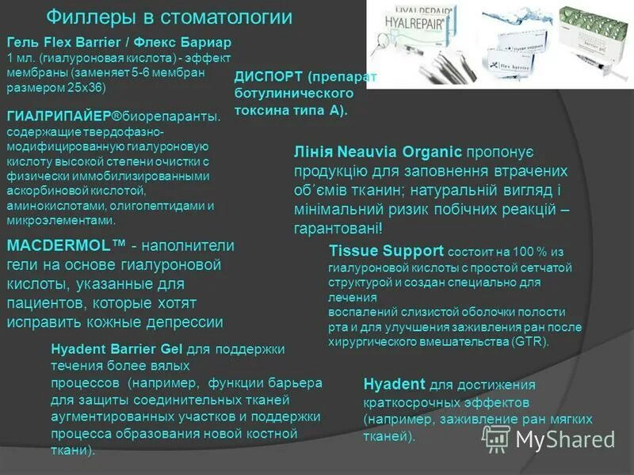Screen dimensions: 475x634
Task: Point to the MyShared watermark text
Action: click(564, 439)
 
